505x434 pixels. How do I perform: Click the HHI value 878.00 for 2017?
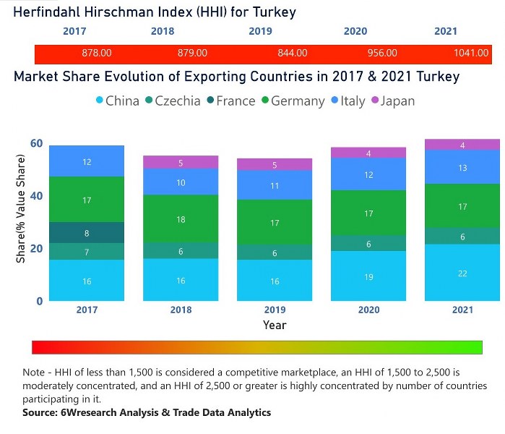tap(96, 53)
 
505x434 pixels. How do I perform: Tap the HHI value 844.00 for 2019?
tap(293, 53)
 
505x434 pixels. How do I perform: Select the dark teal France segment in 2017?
tap(87, 233)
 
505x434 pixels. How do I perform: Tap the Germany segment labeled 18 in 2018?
tap(181, 218)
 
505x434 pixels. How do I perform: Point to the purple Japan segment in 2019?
tap(275, 165)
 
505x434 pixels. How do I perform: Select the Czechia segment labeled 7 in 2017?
tap(87, 252)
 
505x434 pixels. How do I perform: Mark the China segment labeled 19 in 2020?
tap(368, 276)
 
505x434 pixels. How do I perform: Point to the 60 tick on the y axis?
tap(36, 143)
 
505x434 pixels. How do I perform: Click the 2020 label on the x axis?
tap(368, 310)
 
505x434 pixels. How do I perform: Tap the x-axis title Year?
tap(275, 325)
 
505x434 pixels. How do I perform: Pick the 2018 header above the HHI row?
tap(163, 31)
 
